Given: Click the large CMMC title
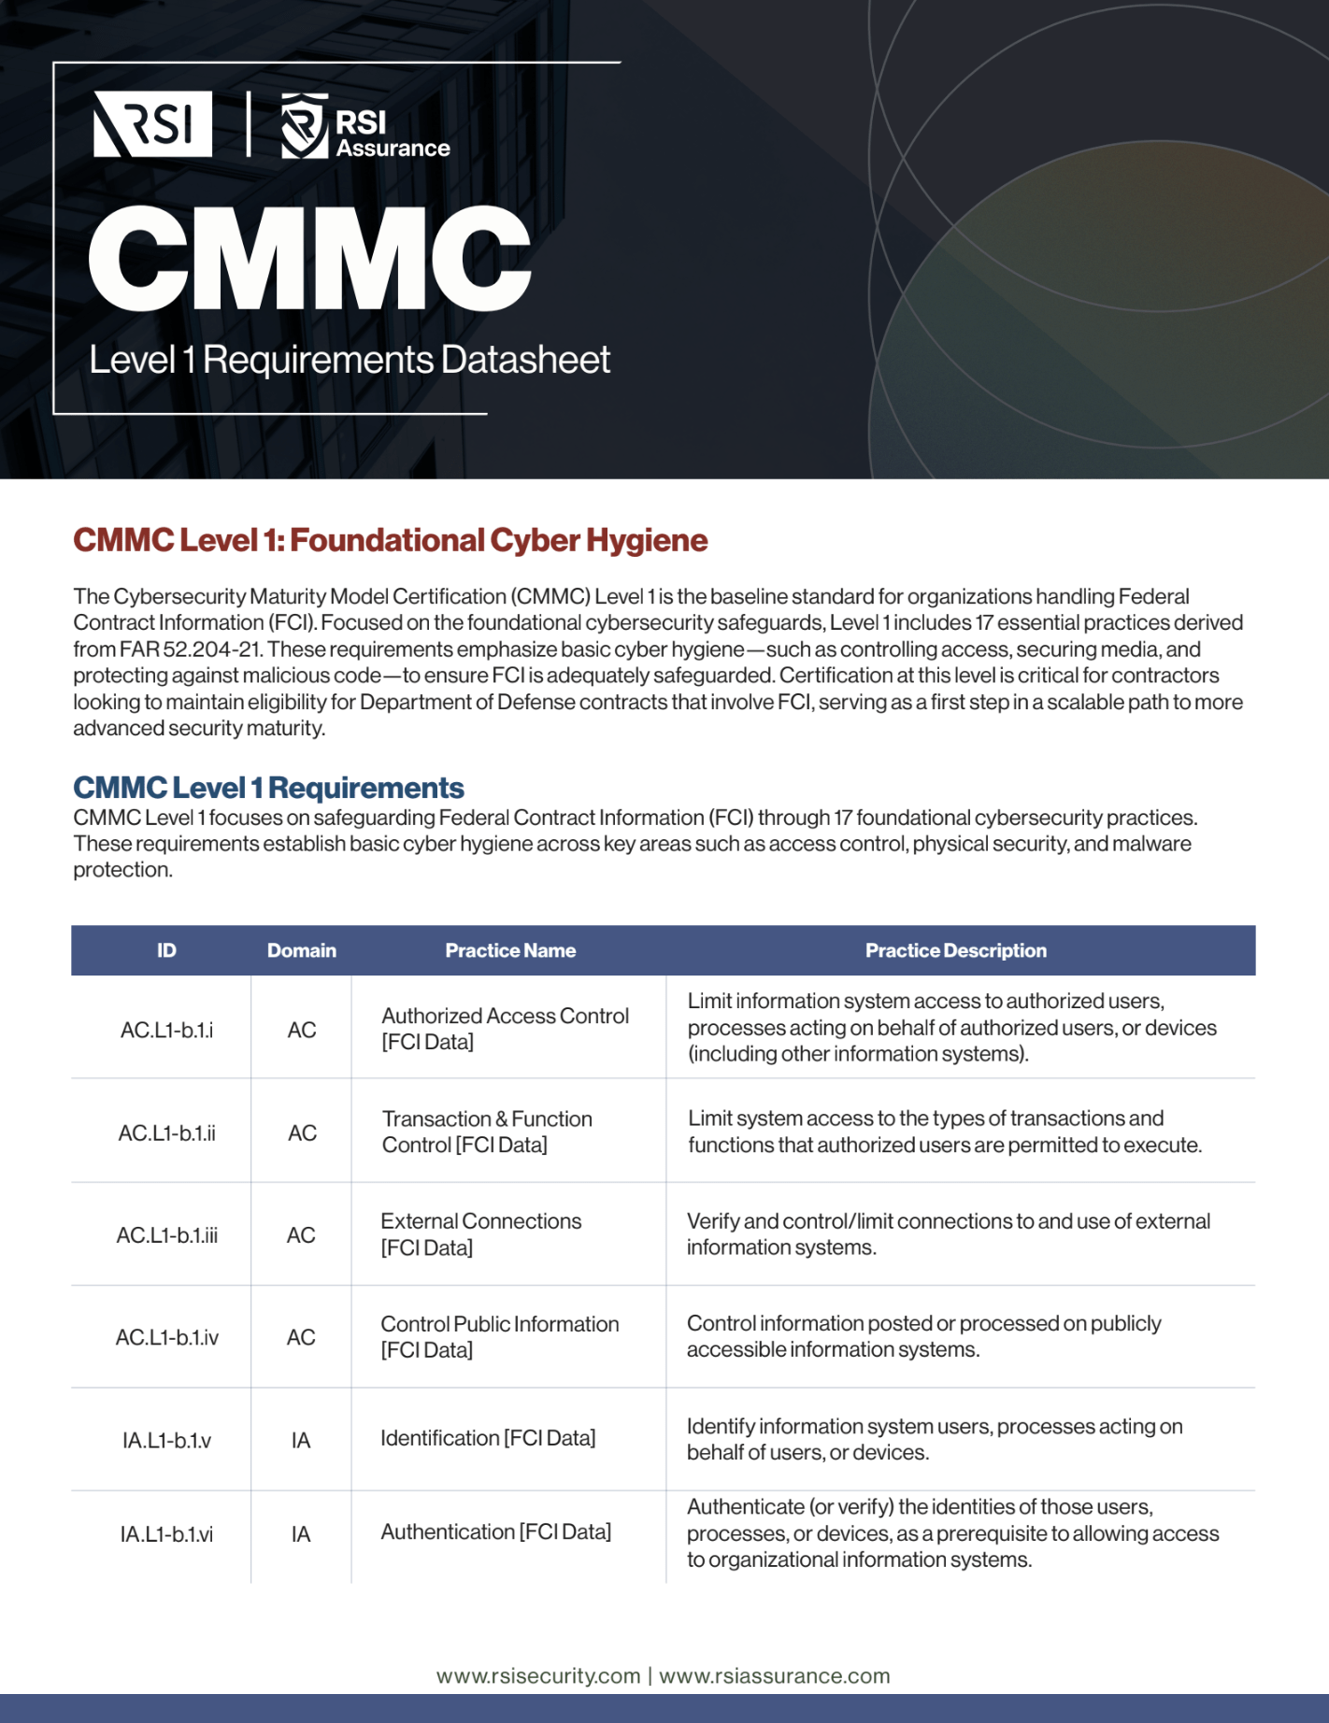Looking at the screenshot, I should click(x=309, y=259).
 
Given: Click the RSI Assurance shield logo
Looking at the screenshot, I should click(x=305, y=125).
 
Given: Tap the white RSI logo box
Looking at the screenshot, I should click(x=153, y=124).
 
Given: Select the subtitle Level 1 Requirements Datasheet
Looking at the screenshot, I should click(x=349, y=360).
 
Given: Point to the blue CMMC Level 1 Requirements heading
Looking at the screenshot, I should click(x=268, y=788).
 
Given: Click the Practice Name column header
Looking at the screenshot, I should click(x=510, y=950).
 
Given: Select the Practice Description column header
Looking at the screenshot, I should click(x=955, y=950).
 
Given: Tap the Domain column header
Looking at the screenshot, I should click(x=301, y=950).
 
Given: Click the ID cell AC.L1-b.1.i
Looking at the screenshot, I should click(x=166, y=1030).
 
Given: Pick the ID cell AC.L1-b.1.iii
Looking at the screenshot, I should click(x=166, y=1235).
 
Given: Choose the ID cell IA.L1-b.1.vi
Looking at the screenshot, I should click(x=166, y=1534).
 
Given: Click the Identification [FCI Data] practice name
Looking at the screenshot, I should click(x=488, y=1438).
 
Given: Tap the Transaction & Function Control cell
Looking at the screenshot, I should click(x=486, y=1132).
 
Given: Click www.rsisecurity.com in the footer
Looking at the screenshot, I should click(x=538, y=1676).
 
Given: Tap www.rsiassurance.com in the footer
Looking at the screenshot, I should click(x=775, y=1676).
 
